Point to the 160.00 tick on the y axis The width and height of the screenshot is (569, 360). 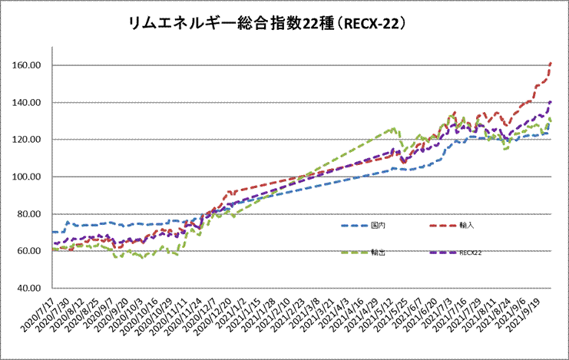coord(25,65)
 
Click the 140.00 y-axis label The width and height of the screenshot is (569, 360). coord(25,102)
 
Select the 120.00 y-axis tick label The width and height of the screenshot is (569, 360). coord(25,140)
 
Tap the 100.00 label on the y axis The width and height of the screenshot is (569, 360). coord(25,177)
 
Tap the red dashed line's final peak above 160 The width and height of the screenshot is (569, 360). coord(551,63)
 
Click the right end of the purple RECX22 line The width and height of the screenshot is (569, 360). coord(551,101)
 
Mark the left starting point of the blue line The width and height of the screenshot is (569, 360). coord(52,232)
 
